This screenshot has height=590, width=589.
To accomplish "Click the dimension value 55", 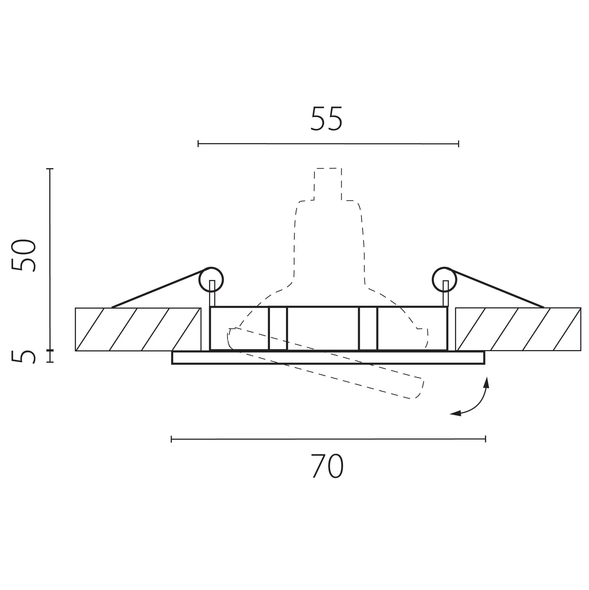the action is click(326, 118).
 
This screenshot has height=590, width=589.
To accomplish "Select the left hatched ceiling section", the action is click(138, 329).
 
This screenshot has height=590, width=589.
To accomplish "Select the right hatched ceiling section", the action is click(518, 329).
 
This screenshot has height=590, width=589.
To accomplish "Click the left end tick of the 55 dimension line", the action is click(198, 143).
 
